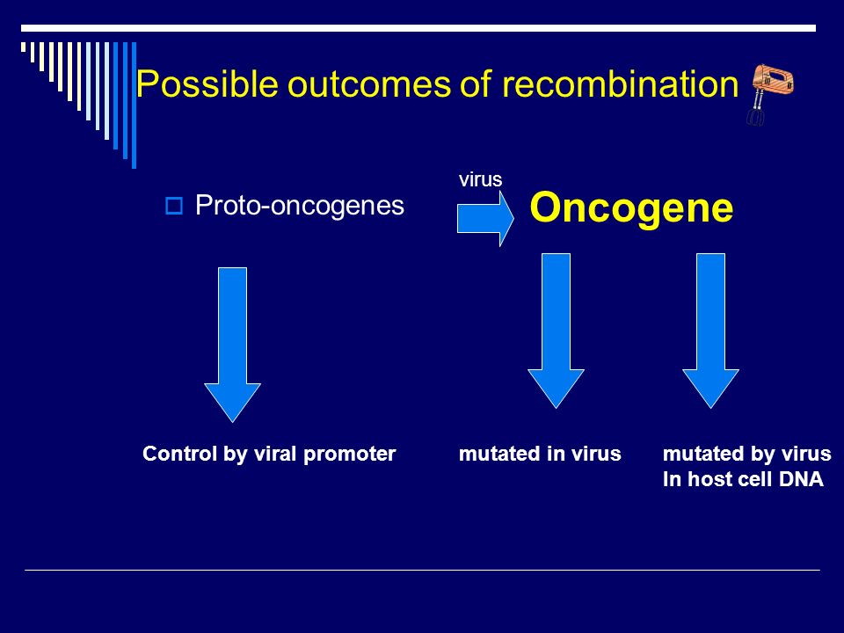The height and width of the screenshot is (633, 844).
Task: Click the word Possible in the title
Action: pyautogui.click(x=207, y=84)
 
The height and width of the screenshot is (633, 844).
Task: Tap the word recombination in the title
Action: pyautogui.click(x=620, y=84)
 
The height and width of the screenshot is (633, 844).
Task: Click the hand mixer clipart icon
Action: pyautogui.click(x=770, y=94)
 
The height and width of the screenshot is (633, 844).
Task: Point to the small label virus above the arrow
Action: pyautogui.click(x=480, y=179)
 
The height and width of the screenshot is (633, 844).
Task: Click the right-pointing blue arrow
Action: pyautogui.click(x=485, y=219)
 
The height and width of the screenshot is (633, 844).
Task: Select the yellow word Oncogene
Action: pyautogui.click(x=631, y=207)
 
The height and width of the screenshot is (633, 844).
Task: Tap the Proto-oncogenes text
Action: pyautogui.click(x=299, y=205)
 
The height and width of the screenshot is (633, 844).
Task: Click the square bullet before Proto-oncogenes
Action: pyautogui.click(x=174, y=206)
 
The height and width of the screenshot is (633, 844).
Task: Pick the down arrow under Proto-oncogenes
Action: pyautogui.click(x=232, y=345)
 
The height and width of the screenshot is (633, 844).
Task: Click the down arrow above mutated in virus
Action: pyautogui.click(x=556, y=331)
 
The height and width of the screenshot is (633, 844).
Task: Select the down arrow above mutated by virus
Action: pyautogui.click(x=710, y=331)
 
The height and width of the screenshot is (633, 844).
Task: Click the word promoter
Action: pyautogui.click(x=349, y=455)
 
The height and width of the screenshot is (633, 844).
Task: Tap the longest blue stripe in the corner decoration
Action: pyautogui.click(x=134, y=105)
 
